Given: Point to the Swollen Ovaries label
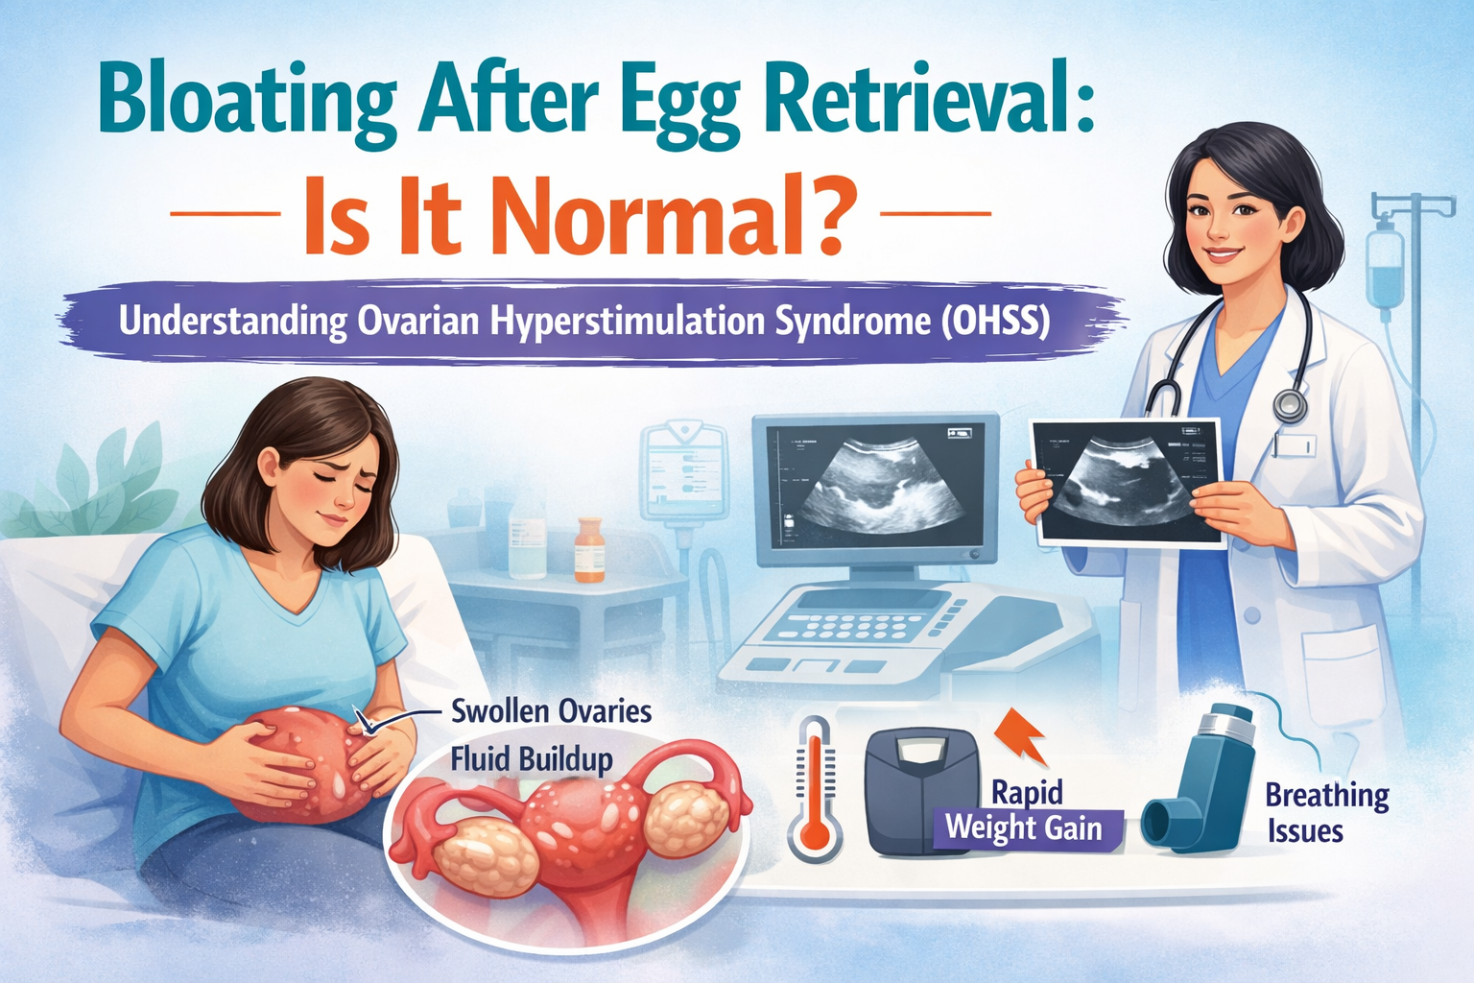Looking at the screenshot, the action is (552, 712).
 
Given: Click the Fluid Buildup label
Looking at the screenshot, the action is (532, 760).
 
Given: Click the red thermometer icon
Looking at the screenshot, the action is (815, 787).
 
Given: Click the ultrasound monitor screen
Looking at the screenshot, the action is (875, 489).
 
